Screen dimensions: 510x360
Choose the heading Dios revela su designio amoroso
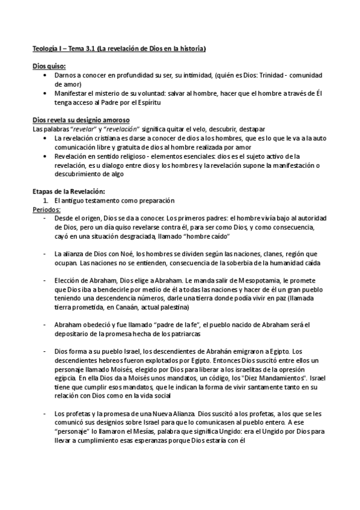(x=81, y=120)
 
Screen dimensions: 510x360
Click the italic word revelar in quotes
(x=85, y=129)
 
